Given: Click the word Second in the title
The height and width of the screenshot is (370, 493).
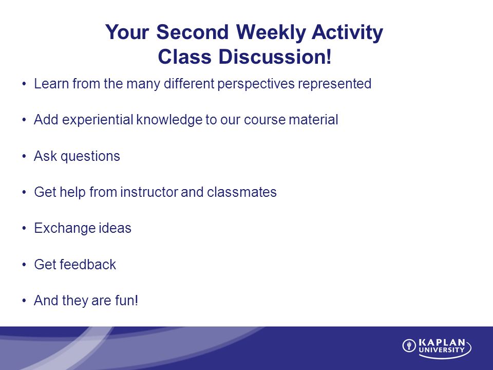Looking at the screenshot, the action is [x=193, y=32].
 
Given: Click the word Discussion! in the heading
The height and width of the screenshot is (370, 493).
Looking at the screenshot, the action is [x=275, y=57].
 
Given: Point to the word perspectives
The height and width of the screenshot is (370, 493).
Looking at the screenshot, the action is [x=256, y=84].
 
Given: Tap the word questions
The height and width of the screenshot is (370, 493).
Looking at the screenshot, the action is [x=90, y=157].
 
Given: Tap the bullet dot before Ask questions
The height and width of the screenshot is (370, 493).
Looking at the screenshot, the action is [x=24, y=157].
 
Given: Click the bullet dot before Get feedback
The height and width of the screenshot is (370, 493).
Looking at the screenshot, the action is [x=24, y=265].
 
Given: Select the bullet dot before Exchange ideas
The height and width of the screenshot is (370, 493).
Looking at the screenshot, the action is [x=24, y=229].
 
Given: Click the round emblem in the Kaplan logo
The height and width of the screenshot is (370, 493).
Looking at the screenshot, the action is [x=409, y=346].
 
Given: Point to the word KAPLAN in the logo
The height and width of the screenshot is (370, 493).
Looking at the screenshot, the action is [x=442, y=343].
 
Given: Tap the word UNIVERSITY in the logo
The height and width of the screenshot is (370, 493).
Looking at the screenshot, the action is [x=442, y=350].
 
